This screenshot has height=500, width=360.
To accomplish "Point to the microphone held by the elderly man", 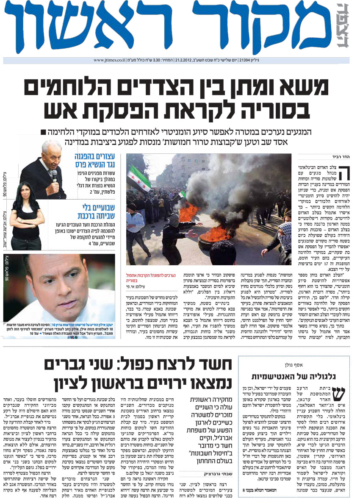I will (54, 175).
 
